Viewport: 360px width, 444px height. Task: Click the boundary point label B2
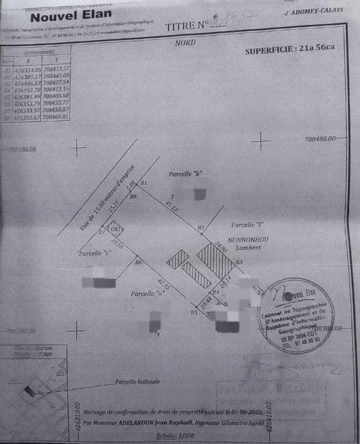pyautogui.click(x=201, y=227)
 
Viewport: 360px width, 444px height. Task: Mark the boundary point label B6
pyautogui.click(x=138, y=261)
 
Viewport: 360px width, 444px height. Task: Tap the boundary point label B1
pyautogui.click(x=144, y=183)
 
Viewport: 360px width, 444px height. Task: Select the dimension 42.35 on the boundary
pyautogui.click(x=165, y=285)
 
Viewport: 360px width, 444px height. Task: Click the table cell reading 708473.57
pyautogui.click(x=56, y=68)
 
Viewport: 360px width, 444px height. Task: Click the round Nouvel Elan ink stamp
pyautogui.click(x=297, y=315)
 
